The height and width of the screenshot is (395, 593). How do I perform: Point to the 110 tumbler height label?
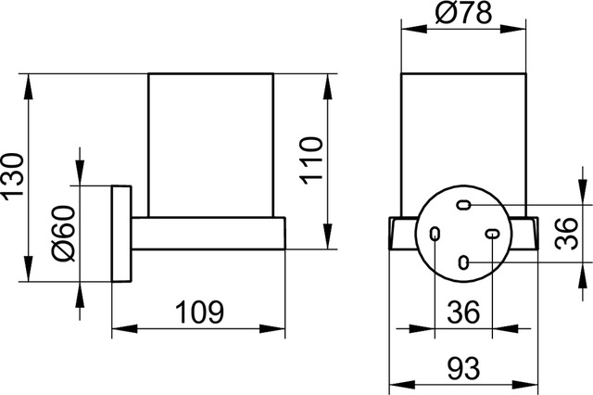pos(311,160)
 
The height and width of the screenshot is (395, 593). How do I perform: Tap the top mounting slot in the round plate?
pos(463,204)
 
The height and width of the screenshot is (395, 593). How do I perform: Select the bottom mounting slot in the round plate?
pos(463,262)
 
